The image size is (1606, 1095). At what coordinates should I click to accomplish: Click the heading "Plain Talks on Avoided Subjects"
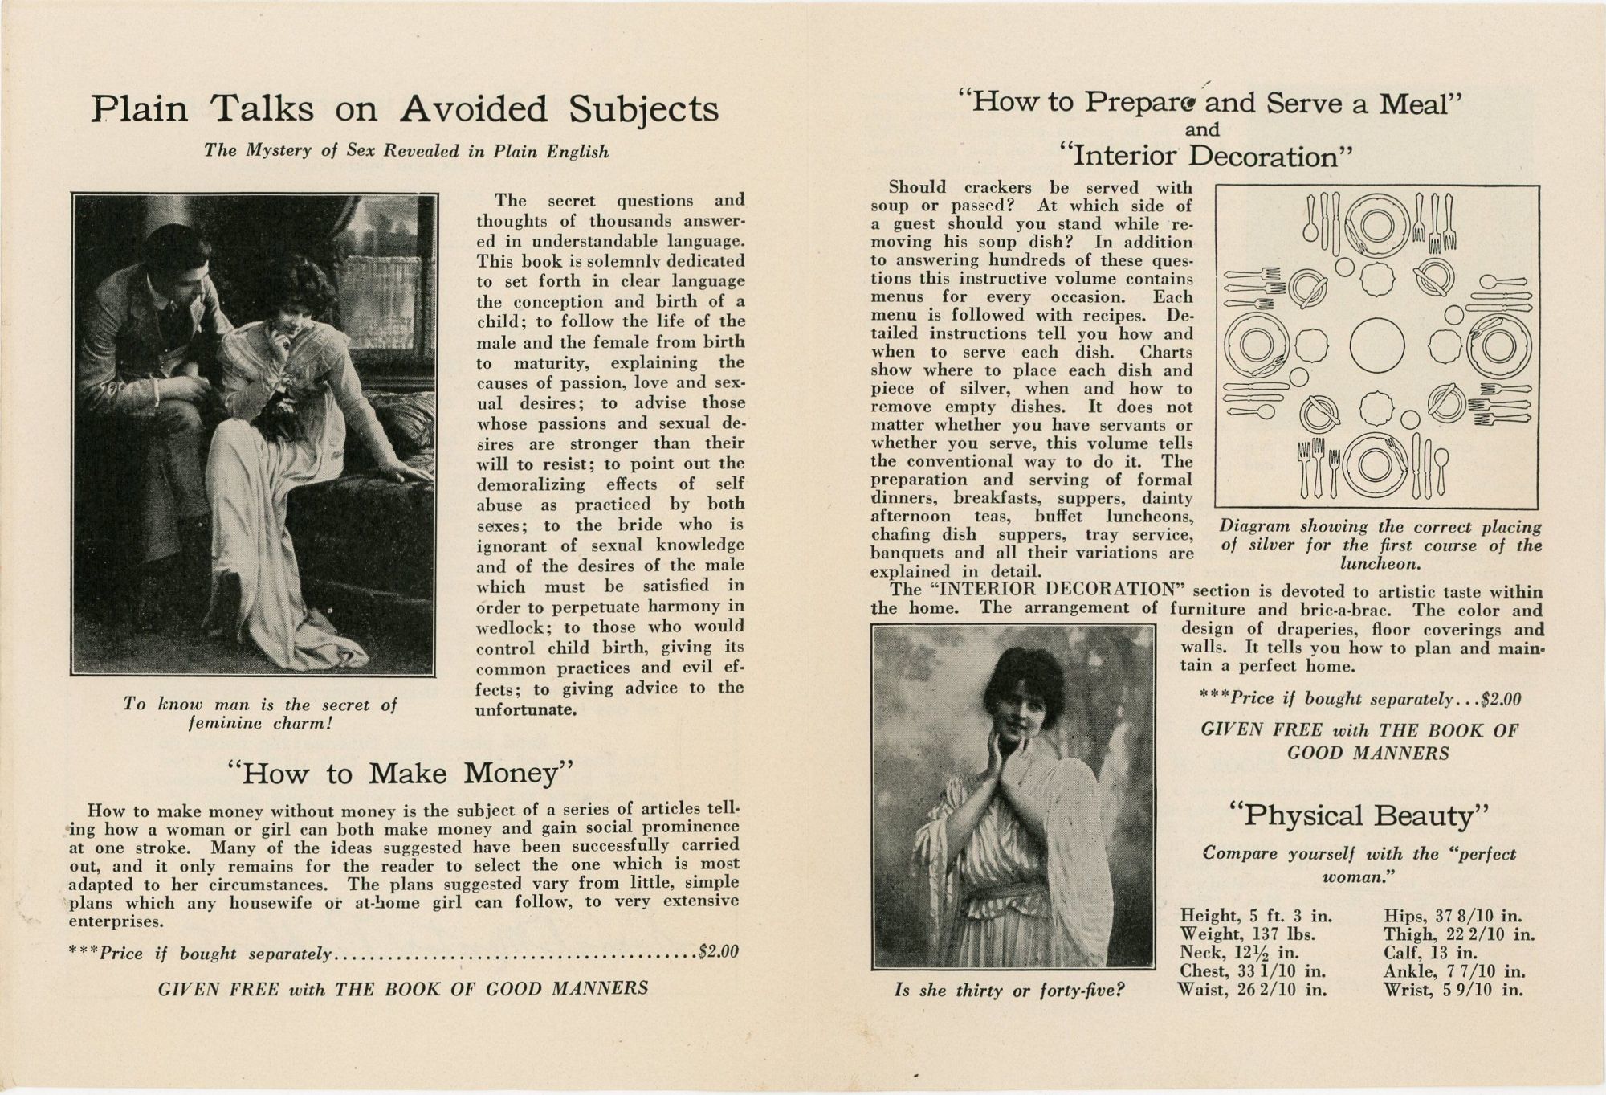(x=404, y=109)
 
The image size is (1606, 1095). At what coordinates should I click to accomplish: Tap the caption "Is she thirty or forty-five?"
(x=1009, y=991)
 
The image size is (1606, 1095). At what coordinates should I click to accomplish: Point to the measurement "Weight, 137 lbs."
(x=1245, y=934)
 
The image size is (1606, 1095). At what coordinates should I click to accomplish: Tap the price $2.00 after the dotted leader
(x=719, y=953)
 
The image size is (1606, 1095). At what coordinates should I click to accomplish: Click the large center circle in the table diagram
(x=1377, y=346)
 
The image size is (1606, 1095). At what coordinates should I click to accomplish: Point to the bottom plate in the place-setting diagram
(x=1376, y=465)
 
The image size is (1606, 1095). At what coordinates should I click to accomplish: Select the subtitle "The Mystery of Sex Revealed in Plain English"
(x=406, y=151)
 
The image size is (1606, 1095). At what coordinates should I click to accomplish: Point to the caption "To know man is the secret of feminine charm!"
(x=260, y=713)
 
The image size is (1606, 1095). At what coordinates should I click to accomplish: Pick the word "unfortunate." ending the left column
(x=526, y=710)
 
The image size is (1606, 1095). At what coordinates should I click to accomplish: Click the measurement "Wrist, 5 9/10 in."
(x=1453, y=989)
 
